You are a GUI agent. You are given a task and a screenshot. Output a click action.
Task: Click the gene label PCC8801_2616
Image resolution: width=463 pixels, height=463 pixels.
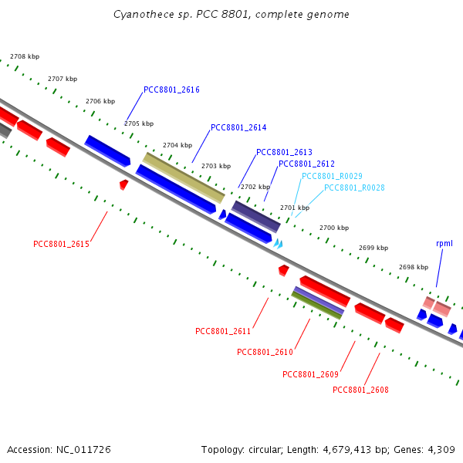pyautogui.click(x=171, y=90)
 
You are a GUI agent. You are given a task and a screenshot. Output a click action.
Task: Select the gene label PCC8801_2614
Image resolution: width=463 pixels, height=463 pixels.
pyautogui.click(x=238, y=127)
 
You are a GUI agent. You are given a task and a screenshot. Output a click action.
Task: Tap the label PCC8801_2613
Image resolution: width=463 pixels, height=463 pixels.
pyautogui.click(x=284, y=152)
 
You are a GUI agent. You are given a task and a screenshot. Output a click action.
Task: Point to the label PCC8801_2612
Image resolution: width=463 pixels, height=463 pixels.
pyautogui.click(x=306, y=164)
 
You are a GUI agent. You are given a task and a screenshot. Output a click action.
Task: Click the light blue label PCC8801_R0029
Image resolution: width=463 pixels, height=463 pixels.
pyautogui.click(x=332, y=176)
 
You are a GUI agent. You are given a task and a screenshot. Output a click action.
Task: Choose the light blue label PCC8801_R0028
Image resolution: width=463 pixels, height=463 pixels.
pyautogui.click(x=354, y=188)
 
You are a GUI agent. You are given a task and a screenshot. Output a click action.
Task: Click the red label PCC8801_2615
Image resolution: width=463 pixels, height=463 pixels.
pyautogui.click(x=62, y=244)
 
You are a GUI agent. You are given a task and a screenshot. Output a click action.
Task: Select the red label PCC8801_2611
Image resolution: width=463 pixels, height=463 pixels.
pyautogui.click(x=223, y=331)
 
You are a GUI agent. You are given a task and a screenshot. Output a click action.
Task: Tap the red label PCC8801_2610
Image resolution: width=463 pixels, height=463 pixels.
pyautogui.click(x=265, y=352)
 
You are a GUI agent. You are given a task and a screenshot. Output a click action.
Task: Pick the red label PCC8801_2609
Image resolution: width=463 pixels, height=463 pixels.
pyautogui.click(x=310, y=374)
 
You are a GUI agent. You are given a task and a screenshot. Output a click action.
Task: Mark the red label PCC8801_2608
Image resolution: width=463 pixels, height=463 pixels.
pyautogui.click(x=360, y=390)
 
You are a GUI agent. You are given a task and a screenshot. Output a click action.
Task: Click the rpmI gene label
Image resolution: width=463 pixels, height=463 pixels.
pyautogui.click(x=444, y=243)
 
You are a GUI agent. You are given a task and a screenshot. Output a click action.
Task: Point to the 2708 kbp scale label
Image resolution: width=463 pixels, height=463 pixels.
pyautogui.click(x=25, y=56)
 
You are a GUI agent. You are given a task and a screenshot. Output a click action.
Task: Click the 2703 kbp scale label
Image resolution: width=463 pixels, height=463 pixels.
pyautogui.click(x=216, y=166)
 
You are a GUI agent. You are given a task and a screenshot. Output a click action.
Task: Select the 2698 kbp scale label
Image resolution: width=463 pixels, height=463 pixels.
pyautogui.click(x=414, y=267)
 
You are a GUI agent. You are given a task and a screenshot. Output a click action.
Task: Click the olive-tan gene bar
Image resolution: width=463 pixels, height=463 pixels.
pyautogui.click(x=184, y=176)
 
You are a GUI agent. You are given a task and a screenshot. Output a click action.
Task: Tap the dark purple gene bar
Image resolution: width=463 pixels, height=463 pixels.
pyautogui.click(x=255, y=216)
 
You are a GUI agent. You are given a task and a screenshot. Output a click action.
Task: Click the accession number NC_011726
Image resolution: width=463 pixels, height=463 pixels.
pyautogui.click(x=86, y=449)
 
